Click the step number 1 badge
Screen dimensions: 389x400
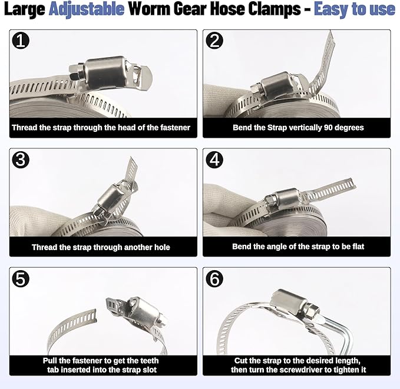[x=22, y=41]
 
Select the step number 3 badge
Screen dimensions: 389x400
[x=22, y=160]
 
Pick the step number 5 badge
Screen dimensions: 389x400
[x=22, y=279]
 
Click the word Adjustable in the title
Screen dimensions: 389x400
[x=87, y=10]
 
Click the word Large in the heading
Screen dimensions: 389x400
[x=25, y=10]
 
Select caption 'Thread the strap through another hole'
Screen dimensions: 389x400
[x=101, y=247]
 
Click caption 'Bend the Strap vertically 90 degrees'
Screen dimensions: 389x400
[x=297, y=127]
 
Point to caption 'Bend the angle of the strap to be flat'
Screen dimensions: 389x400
[x=297, y=247]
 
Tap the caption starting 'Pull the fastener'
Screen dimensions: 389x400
[x=101, y=365]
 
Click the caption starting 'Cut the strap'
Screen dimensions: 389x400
[x=297, y=365]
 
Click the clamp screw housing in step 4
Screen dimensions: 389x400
[x=286, y=197]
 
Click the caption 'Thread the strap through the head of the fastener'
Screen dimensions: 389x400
[x=101, y=127]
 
